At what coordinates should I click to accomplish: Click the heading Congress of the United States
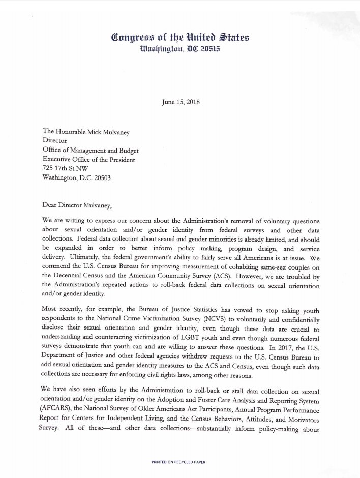click(x=180, y=37)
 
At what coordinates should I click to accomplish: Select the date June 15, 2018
click(x=180, y=102)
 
